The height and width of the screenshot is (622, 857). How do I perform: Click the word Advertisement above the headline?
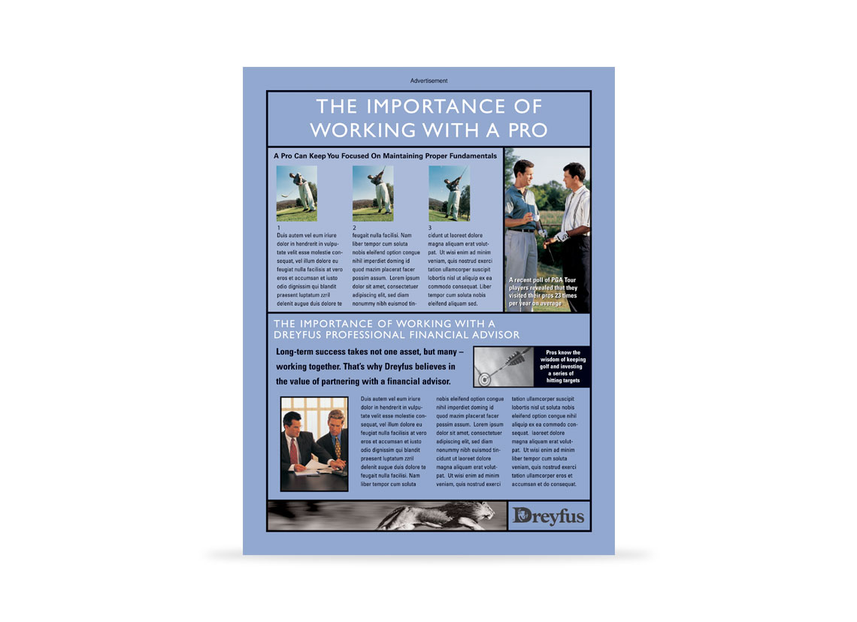pyautogui.click(x=428, y=81)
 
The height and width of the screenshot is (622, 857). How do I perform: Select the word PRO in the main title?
pyautogui.click(x=528, y=131)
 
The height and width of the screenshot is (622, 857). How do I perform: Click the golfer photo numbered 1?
pyautogui.click(x=297, y=193)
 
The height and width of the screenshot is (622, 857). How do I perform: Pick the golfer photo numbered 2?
pyautogui.click(x=373, y=193)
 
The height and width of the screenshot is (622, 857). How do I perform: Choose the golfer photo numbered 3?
pyautogui.click(x=449, y=193)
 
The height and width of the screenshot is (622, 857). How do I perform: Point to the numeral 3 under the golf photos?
pyautogui.click(x=429, y=228)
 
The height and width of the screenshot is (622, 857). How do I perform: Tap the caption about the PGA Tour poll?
pyautogui.click(x=543, y=291)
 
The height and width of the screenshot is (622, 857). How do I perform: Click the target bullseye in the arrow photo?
pyautogui.click(x=483, y=379)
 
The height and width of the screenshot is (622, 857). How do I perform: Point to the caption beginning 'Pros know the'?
pyautogui.click(x=562, y=367)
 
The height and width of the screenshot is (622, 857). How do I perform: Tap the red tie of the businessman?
pyautogui.click(x=294, y=451)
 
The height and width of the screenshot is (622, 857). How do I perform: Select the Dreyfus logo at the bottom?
pyautogui.click(x=549, y=515)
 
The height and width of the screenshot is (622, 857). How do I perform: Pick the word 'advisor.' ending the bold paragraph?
pyautogui.click(x=435, y=381)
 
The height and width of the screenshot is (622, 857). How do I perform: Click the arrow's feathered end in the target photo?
pyautogui.click(x=516, y=358)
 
